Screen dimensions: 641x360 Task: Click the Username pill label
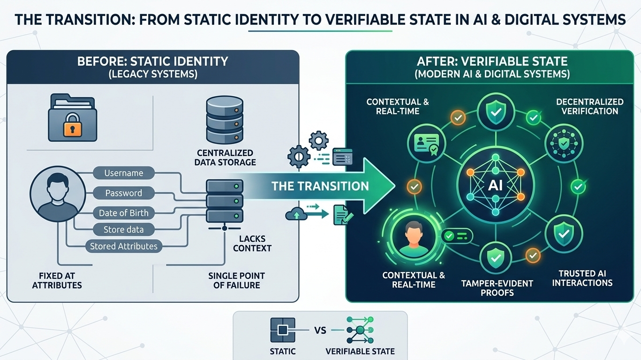[x=124, y=173]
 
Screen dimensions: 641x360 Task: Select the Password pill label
[x=124, y=193]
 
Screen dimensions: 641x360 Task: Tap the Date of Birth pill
[x=124, y=213]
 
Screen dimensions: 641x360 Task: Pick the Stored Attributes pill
[x=124, y=246]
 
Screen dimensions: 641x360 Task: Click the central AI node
[x=495, y=185]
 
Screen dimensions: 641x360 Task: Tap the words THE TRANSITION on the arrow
[x=320, y=186]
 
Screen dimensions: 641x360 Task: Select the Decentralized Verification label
[x=589, y=106]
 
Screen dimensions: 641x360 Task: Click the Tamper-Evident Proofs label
[x=497, y=288]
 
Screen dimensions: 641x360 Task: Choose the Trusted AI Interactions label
[x=582, y=278]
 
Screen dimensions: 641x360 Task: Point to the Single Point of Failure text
[x=236, y=280]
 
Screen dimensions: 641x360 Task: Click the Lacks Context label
[x=252, y=243]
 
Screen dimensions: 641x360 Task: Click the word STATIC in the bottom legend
[x=283, y=351]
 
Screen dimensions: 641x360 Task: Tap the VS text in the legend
[x=320, y=330]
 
